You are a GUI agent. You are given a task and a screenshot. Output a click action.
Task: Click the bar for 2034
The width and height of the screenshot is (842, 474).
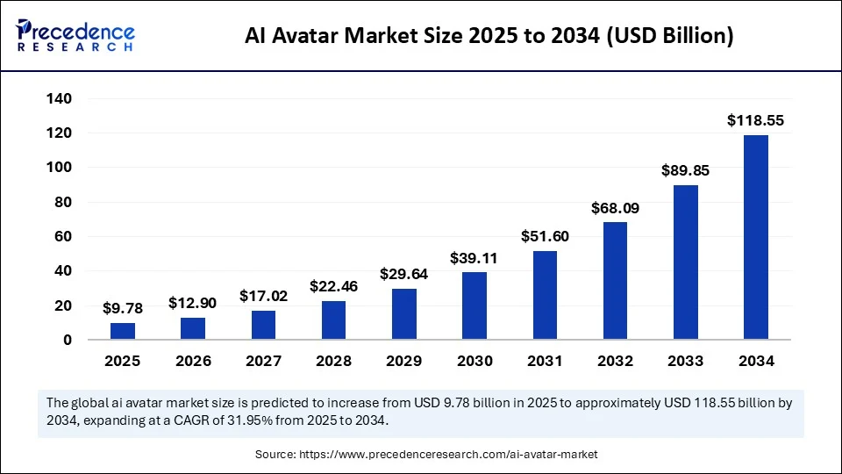(756, 237)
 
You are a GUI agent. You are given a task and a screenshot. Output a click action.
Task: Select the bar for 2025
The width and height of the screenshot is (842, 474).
(123, 331)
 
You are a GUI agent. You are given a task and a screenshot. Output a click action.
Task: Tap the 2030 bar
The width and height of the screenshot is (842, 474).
(475, 305)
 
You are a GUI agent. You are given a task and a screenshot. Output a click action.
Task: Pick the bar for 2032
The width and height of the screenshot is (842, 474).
(616, 281)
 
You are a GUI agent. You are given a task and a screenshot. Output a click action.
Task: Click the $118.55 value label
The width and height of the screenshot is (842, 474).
(756, 121)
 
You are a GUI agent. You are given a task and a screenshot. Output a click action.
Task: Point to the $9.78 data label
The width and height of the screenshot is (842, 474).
(123, 308)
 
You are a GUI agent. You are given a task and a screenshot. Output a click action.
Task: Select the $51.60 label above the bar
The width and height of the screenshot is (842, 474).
(545, 236)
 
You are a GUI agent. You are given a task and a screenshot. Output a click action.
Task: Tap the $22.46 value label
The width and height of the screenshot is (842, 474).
(334, 286)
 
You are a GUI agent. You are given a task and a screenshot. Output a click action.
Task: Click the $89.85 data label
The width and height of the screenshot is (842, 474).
(686, 171)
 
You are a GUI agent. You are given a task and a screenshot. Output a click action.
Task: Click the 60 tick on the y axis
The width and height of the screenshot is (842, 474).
(62, 236)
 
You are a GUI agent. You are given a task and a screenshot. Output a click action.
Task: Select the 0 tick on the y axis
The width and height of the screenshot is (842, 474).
(67, 340)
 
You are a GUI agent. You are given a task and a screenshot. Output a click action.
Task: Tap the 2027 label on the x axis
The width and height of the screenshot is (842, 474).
(263, 361)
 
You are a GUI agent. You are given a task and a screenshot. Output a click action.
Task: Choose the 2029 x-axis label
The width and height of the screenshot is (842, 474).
(404, 361)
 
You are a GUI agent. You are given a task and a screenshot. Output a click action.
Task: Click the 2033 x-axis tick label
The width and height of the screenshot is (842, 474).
(686, 361)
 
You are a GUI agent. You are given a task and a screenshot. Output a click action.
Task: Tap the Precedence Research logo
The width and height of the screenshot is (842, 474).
(75, 36)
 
